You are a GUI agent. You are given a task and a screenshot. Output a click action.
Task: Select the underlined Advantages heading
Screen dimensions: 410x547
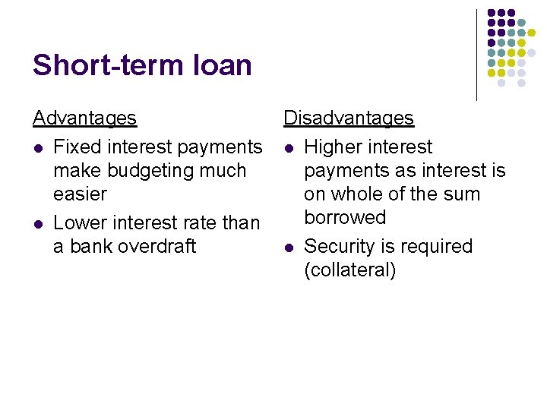click(84, 118)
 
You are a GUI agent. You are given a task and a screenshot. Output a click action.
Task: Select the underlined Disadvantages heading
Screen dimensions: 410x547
click(349, 118)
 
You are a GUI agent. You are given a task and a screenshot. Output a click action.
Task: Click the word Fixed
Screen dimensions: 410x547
click(76, 147)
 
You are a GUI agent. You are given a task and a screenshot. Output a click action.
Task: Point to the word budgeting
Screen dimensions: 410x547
click(156, 171)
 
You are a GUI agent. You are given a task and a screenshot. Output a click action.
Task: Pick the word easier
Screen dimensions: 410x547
click(80, 194)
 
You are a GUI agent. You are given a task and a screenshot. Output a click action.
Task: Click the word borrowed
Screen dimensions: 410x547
click(345, 218)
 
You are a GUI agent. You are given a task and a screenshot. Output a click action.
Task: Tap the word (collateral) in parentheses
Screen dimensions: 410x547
click(349, 270)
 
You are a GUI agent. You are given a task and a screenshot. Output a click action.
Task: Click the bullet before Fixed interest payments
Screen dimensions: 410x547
click(37, 147)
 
